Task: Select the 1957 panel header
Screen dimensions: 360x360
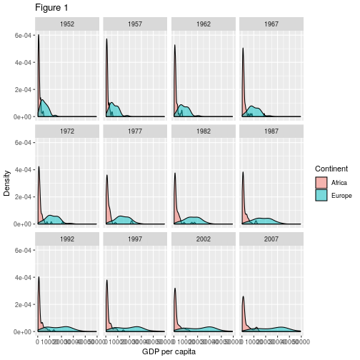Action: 134,24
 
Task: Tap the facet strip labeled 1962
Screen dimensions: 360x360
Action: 202,24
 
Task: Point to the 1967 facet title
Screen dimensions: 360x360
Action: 270,24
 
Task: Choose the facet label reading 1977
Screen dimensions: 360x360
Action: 134,131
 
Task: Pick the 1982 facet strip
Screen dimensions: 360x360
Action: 202,131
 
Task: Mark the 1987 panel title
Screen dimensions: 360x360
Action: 270,131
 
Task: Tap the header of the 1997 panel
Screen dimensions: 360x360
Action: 134,239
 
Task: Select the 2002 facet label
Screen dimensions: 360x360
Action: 202,239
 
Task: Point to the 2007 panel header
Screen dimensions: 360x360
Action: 270,239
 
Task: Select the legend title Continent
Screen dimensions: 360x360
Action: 331,169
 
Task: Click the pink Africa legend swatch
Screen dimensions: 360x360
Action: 321,183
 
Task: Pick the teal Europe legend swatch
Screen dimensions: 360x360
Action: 321,195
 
